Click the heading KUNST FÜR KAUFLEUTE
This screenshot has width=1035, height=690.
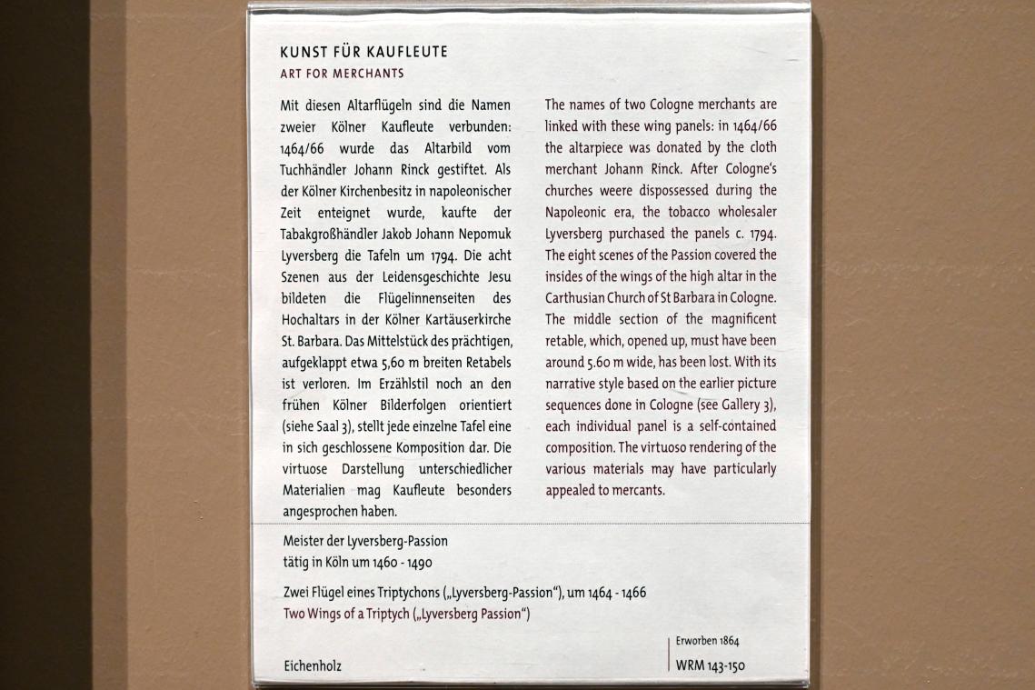click(x=363, y=52)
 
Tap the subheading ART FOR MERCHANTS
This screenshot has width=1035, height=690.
click(x=342, y=73)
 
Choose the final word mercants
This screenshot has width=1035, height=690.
click(x=642, y=490)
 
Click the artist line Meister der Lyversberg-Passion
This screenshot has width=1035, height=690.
click(x=364, y=541)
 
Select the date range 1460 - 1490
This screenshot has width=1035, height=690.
click(x=407, y=562)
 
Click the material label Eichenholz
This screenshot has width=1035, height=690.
click(x=312, y=666)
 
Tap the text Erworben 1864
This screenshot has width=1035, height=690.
click(x=707, y=641)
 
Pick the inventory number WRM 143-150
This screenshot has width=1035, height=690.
click(x=710, y=665)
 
